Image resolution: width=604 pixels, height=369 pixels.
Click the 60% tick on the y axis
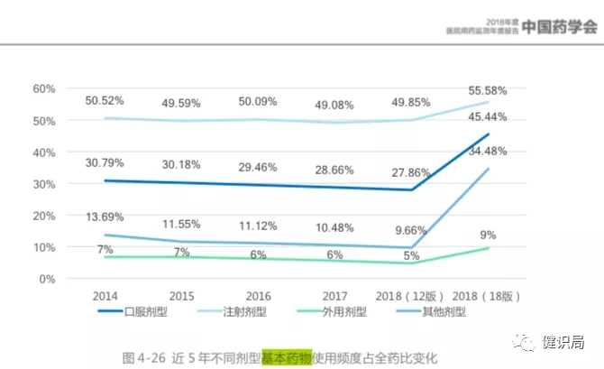44,88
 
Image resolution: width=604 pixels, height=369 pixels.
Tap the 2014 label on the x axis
105,295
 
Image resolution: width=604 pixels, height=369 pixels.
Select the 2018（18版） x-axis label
490,295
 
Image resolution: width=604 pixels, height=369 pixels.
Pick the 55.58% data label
488,90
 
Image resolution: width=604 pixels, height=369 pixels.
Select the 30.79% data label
105,162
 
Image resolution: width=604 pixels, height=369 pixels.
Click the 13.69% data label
105,217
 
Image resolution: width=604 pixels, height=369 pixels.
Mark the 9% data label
488,235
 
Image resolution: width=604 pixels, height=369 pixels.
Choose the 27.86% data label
412,172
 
